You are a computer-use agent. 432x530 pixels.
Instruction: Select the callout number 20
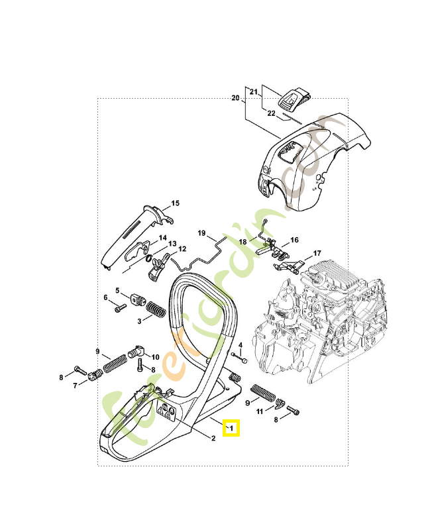(x=235, y=98)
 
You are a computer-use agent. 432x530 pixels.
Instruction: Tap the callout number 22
(x=271, y=113)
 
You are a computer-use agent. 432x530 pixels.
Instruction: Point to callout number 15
(x=176, y=203)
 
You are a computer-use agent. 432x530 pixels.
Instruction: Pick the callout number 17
(x=317, y=253)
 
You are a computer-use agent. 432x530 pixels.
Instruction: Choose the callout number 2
(x=213, y=438)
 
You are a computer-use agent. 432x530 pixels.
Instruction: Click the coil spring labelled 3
(x=156, y=309)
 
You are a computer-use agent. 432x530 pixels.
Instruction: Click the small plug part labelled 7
(x=94, y=377)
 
